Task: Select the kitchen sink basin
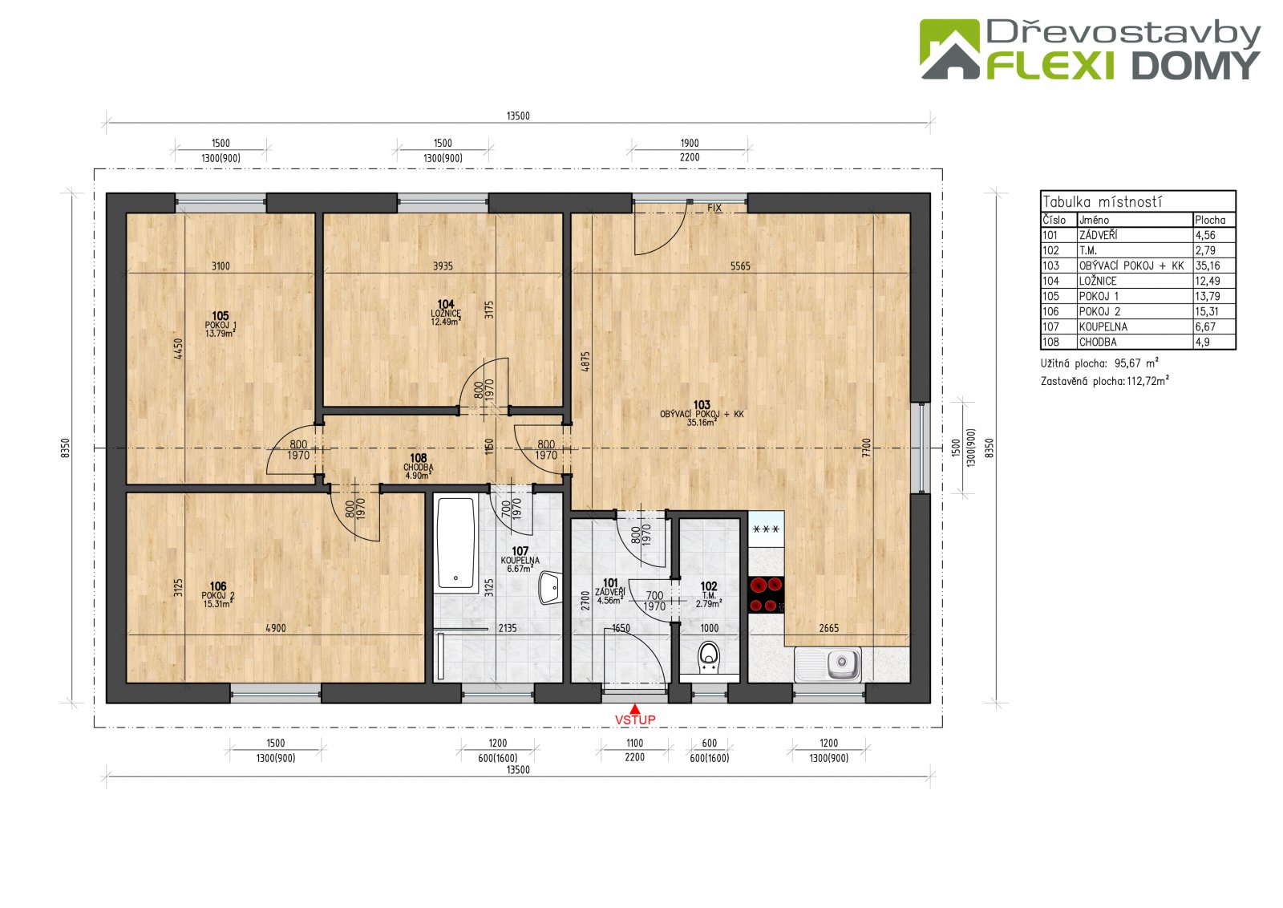point(843,663)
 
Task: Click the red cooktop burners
point(767,594)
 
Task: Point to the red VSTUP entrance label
point(634,720)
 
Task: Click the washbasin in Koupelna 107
point(549,587)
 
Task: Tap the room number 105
point(220,316)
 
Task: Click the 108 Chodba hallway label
point(418,466)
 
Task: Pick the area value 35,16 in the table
point(1208,266)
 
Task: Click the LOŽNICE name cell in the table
point(1098,282)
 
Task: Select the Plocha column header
point(1210,220)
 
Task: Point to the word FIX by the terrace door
point(714,208)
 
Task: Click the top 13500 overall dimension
point(518,116)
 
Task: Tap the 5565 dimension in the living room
point(740,266)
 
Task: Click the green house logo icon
point(949,49)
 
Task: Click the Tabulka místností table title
point(1102,201)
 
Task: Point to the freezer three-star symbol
point(766,529)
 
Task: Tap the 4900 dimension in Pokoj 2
point(276,628)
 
